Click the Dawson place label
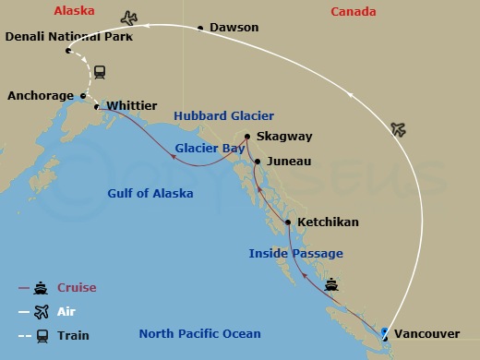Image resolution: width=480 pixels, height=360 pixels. click(234, 29)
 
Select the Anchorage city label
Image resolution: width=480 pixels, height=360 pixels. click(41, 95)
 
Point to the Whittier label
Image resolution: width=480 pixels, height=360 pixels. click(132, 106)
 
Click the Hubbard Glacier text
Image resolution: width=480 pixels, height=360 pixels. click(224, 116)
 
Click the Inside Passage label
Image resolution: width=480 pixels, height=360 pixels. click(295, 253)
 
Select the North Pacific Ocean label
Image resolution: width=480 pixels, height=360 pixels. click(199, 333)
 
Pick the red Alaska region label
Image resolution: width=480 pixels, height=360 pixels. click(75, 11)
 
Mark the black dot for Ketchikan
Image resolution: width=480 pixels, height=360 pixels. click(289, 222)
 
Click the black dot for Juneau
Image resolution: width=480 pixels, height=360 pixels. click(258, 162)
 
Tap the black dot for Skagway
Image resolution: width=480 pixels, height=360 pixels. click(247, 137)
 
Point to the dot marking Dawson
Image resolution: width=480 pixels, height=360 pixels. click(200, 29)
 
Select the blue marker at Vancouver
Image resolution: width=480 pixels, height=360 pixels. click(384, 332)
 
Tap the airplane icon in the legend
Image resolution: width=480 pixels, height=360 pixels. click(42, 312)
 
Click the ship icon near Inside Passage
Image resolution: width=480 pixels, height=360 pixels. click(331, 285)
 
